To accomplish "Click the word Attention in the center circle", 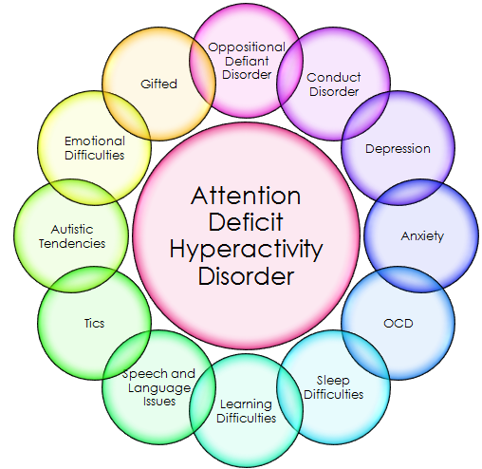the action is [x=246, y=196].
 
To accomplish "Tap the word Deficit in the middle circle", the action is [x=246, y=222].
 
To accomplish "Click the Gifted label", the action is [x=158, y=84].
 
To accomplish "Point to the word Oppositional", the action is [x=247, y=48].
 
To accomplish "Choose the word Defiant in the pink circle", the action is [x=247, y=61].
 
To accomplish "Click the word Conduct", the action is [x=334, y=78].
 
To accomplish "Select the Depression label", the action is [x=398, y=149].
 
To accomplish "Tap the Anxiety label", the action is [x=422, y=236].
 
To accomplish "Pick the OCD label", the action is [x=399, y=324].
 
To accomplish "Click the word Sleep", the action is [x=333, y=381].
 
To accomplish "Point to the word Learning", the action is [x=246, y=404].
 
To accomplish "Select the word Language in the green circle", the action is [x=159, y=388].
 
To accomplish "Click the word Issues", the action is [x=159, y=402].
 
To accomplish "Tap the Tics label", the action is [x=94, y=324].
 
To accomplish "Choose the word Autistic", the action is [x=72, y=230].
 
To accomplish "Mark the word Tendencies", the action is [x=72, y=243].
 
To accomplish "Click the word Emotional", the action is [x=95, y=141].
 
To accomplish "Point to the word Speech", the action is [x=158, y=374].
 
